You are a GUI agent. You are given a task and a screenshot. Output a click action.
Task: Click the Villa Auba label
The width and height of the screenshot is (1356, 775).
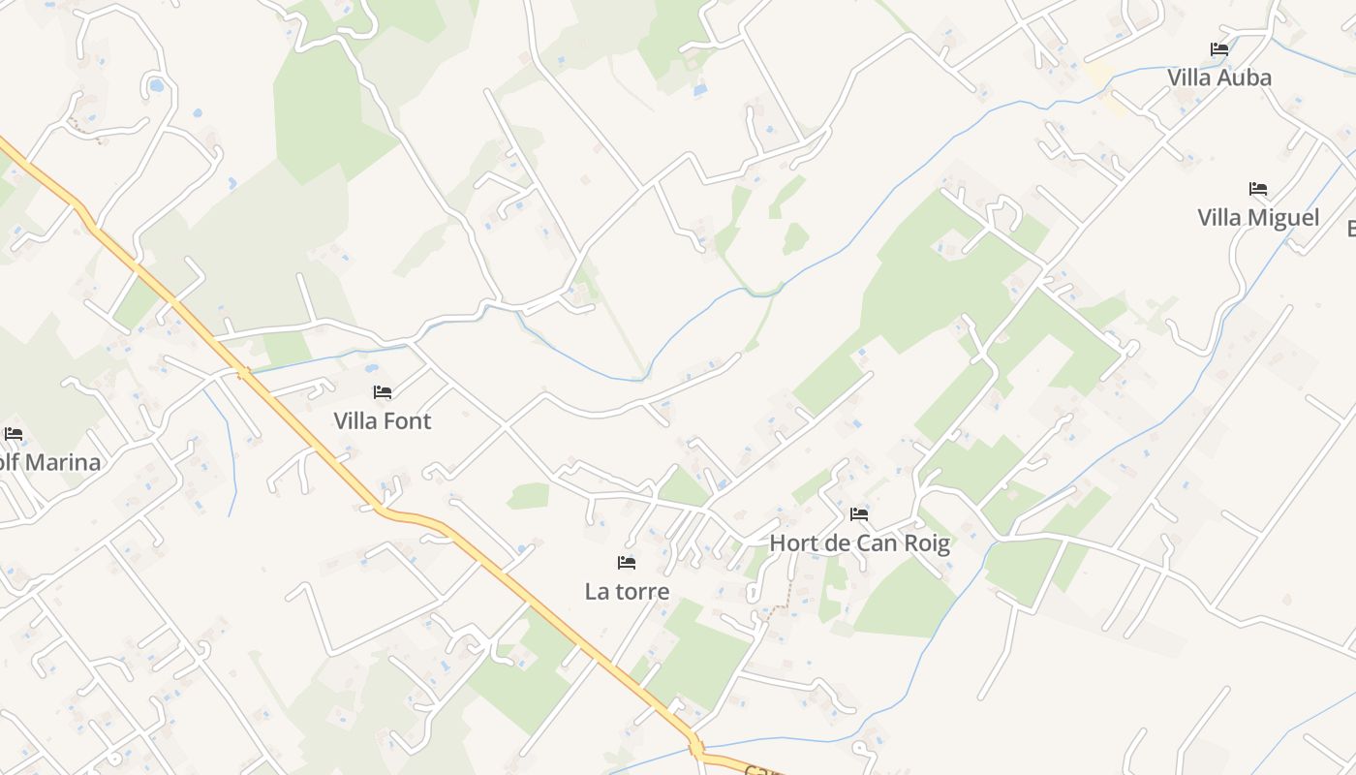(x=1218, y=77)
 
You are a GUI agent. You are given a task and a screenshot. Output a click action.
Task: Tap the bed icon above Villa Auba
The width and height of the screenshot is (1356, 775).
(x=1219, y=48)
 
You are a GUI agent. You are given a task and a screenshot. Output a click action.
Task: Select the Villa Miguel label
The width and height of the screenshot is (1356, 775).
(x=1258, y=217)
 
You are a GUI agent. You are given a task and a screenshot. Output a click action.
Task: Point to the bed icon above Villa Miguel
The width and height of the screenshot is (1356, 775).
(x=1258, y=188)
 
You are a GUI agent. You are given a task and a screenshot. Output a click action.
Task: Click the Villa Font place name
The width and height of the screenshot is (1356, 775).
(x=382, y=420)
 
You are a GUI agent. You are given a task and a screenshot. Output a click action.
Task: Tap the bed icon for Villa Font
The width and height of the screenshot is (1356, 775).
(x=383, y=392)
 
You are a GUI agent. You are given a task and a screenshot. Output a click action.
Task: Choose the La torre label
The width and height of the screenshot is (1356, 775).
(x=627, y=590)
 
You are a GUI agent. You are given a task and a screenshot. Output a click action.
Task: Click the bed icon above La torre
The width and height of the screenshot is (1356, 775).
(x=627, y=562)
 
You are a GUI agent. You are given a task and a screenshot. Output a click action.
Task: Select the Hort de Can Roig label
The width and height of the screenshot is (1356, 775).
(x=859, y=542)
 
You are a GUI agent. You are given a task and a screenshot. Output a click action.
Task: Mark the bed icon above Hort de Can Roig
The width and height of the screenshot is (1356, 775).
(x=859, y=513)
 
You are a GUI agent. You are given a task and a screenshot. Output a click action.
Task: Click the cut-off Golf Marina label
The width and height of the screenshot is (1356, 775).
(x=50, y=462)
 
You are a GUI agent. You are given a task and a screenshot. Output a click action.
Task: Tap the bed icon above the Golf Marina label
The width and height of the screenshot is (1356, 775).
(x=14, y=433)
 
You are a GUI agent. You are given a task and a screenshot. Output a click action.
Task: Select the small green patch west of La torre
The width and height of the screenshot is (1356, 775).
(x=529, y=496)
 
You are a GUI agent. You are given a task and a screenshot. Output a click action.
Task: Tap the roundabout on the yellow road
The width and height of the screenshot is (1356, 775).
(x=695, y=748)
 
